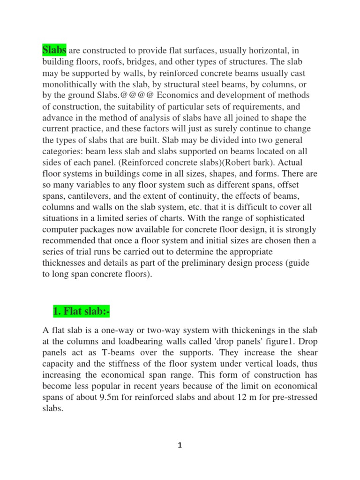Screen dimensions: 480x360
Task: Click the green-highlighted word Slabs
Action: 54,50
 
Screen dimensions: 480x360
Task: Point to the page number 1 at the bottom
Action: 180,445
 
